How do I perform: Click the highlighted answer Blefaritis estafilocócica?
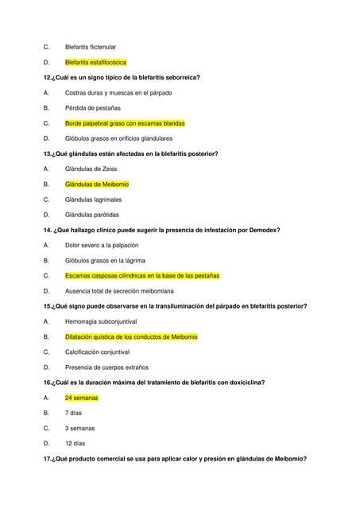coord(95,62)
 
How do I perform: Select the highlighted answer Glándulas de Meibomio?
coord(97,184)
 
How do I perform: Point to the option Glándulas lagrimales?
coord(94,199)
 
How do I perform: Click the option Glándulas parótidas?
coord(92,215)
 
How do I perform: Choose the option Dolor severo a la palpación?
coord(102,245)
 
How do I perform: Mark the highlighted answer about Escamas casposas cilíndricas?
coord(142,276)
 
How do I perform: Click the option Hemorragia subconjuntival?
coord(101,321)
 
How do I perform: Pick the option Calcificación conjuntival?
coord(98,352)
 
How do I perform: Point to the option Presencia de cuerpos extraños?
coord(104,367)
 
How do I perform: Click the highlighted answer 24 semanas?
coord(81,398)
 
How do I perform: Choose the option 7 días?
coord(75,413)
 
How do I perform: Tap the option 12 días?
coord(75,443)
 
